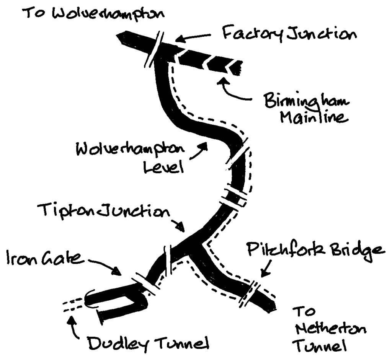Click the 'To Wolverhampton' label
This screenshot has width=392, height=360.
pyautogui.click(x=93, y=14)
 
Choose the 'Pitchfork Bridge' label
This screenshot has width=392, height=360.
pyautogui.click(x=314, y=251)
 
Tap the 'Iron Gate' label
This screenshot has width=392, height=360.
pyautogui.click(x=45, y=259)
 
